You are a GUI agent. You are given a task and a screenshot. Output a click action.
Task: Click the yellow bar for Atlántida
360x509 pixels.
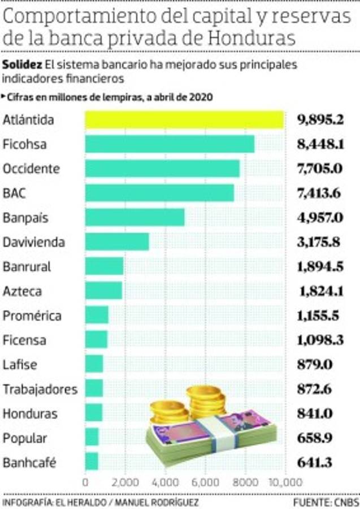tap(184, 120)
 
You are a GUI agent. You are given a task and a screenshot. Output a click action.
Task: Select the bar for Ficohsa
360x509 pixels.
tap(170, 144)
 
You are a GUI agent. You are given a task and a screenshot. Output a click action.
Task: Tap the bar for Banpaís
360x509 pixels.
tap(135, 218)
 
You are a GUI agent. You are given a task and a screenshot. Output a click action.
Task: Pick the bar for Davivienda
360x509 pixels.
tap(117, 242)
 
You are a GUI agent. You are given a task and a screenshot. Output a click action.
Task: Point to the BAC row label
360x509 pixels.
tap(15, 193)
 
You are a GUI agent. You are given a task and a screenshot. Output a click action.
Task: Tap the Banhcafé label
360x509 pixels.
tap(29, 463)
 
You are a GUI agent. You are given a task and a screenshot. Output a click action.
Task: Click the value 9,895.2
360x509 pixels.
tap(320, 120)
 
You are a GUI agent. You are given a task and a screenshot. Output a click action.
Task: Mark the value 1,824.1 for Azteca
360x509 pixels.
tap(320, 291)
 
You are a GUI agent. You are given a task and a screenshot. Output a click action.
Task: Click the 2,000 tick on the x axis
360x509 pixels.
tap(125, 482)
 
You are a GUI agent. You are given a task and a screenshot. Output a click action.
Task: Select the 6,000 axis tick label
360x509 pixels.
tap(205, 482)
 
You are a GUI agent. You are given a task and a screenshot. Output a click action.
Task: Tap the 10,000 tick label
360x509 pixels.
tap(285, 482)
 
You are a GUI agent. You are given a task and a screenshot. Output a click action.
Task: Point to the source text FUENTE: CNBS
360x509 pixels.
tap(324, 502)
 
